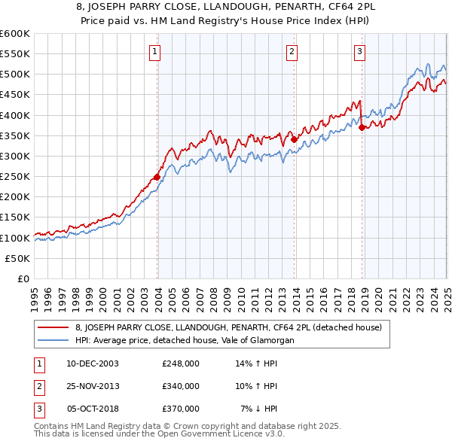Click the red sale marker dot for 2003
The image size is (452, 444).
(x=157, y=178)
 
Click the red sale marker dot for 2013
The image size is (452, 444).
(x=295, y=139)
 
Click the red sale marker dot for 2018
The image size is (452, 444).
(x=362, y=127)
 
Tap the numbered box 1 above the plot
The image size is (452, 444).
(x=154, y=52)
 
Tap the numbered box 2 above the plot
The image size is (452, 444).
(x=292, y=52)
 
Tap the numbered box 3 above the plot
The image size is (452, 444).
(x=359, y=52)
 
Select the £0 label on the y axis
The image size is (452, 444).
(x=23, y=278)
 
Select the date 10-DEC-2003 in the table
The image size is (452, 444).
(x=93, y=363)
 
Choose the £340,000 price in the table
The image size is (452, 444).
(x=181, y=386)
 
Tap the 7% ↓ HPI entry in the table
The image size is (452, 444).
(x=259, y=409)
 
